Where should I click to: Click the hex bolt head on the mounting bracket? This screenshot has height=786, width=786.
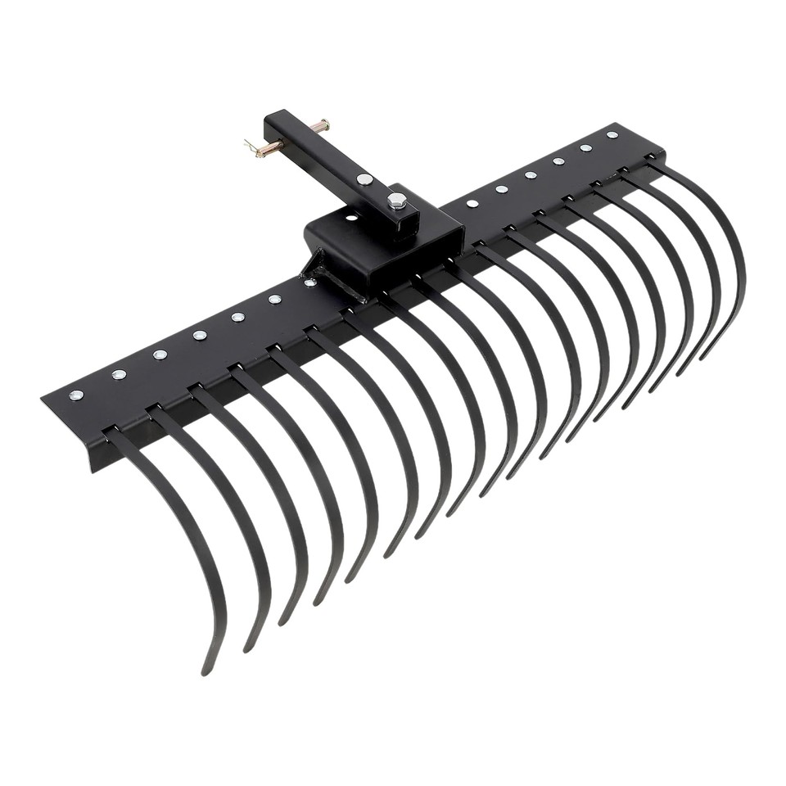397,201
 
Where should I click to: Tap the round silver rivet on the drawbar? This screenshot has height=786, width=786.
364,179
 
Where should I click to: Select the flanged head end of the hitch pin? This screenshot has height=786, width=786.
326,125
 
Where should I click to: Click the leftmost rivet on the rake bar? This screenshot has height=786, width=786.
76,395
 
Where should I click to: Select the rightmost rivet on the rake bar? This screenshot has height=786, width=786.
612,135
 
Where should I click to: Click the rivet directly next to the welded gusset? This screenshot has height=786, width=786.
309,283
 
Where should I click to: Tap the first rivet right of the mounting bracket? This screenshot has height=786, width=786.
472,202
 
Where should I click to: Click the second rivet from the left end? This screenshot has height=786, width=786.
119,374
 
